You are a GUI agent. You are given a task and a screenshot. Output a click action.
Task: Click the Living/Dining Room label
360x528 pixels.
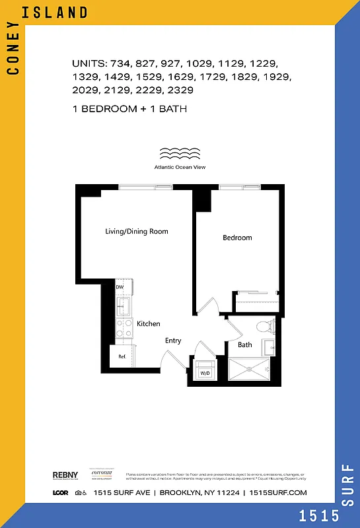137,232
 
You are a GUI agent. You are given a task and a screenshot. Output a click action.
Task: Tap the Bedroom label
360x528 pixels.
236,238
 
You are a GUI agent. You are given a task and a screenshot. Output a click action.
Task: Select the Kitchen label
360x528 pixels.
148,324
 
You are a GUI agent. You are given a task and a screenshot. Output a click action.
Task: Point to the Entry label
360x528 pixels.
173,341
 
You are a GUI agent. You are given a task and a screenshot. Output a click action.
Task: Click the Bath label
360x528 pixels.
244,345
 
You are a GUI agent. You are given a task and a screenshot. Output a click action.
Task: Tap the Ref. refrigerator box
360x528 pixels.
122,357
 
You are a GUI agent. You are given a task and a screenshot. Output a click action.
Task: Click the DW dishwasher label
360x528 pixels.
120,287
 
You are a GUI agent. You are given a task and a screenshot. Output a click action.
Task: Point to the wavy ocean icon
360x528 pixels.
180,154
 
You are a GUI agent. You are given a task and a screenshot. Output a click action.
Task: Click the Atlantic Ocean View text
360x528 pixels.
180,168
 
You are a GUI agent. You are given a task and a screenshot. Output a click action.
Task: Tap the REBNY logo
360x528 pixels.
65,475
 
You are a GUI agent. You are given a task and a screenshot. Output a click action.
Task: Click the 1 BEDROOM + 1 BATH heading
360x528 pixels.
129,108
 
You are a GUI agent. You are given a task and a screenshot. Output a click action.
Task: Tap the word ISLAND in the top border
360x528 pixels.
63,12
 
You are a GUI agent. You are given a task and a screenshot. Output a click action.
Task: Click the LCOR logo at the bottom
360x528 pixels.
61,492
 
